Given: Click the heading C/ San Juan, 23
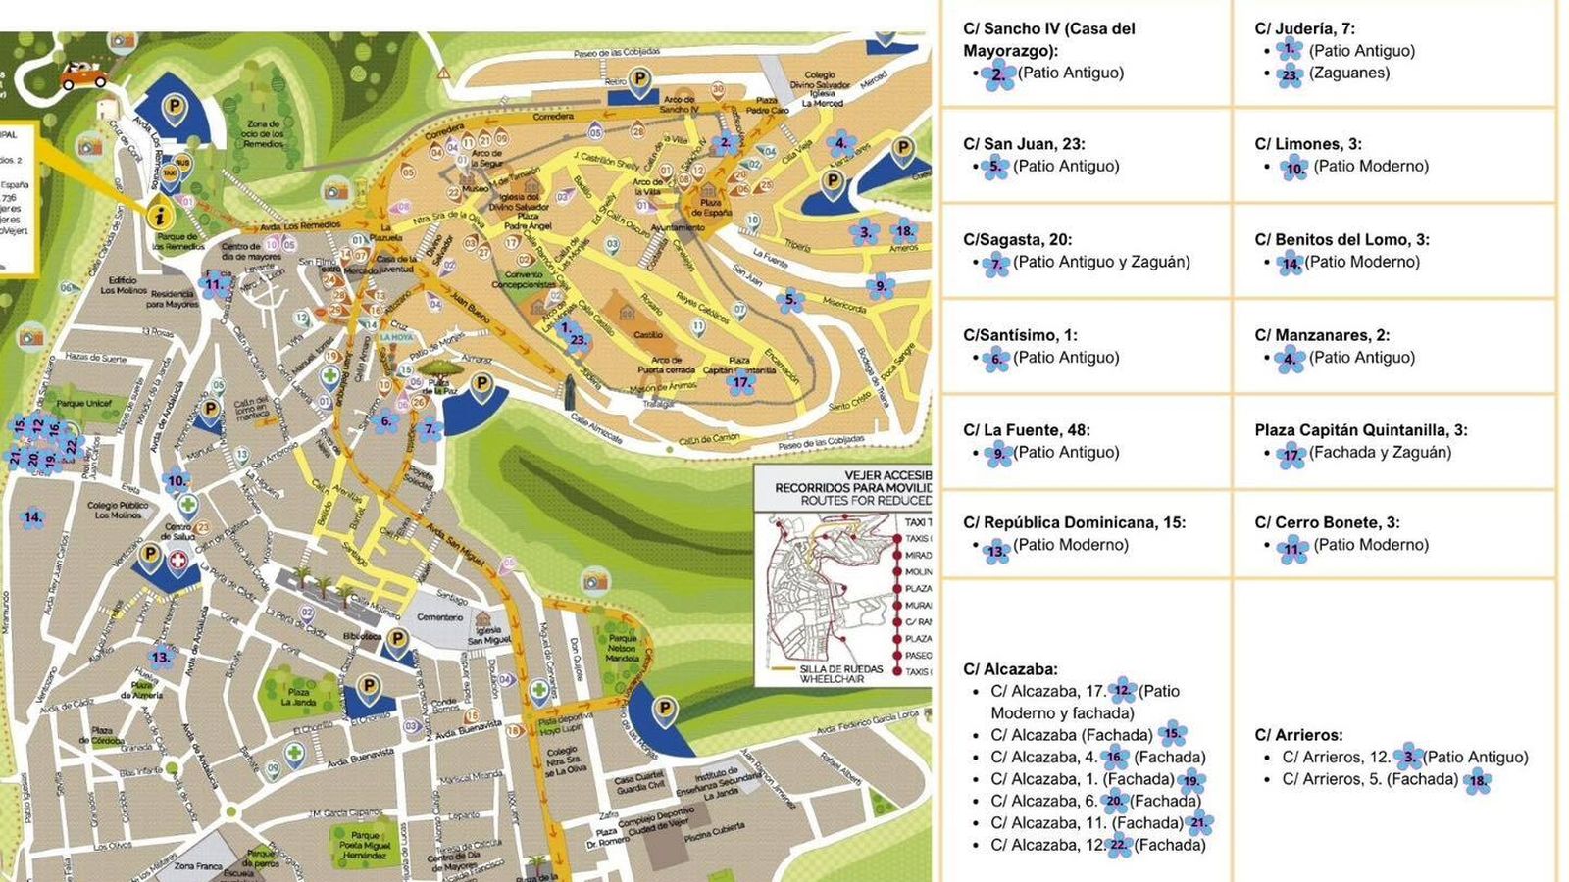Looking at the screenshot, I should coord(1024,144).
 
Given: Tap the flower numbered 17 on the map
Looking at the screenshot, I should coord(741,383).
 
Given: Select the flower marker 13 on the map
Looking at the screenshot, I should coord(161,657).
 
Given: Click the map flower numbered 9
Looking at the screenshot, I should coord(880,286).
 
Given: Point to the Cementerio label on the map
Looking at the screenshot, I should coord(439,617).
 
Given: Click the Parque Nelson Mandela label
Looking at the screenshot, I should coord(622,647).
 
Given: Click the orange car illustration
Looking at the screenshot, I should coord(84,74).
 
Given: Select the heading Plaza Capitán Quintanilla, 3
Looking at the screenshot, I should coord(1360,430).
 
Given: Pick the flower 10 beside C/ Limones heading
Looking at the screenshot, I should coord(1294,169).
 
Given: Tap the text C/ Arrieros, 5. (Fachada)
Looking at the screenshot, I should coord(1370,779).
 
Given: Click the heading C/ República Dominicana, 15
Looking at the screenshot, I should coord(1074,522).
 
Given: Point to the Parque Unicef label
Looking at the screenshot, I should coord(83,403).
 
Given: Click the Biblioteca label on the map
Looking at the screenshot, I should coord(362,636).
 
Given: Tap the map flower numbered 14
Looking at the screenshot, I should coord(32,517).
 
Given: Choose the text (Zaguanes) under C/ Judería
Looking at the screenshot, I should coord(1349,73).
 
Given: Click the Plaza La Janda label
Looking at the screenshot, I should coord(298,697).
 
